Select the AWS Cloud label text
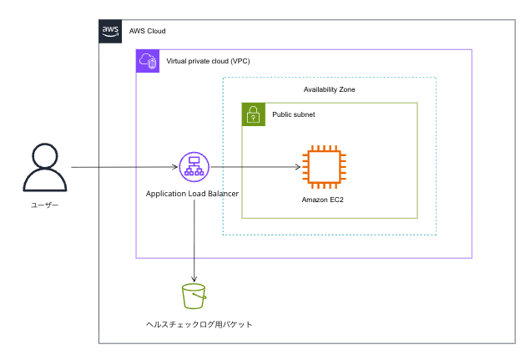pyautogui.click(x=148, y=31)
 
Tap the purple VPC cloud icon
pyautogui.click(x=148, y=61)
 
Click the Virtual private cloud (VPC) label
pyautogui.click(x=208, y=61)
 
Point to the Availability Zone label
pyautogui.click(x=330, y=89)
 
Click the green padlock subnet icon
pyautogui.click(x=254, y=114)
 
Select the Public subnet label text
pyautogui.click(x=294, y=114)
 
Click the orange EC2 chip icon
pyautogui.click(x=322, y=166)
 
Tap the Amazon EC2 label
pyautogui.click(x=322, y=200)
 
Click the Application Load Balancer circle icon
pyautogui.click(x=194, y=167)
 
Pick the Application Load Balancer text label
pyautogui.click(x=192, y=194)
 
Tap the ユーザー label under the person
pyautogui.click(x=44, y=204)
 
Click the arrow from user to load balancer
pyautogui.click(x=125, y=167)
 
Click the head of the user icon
pyautogui.click(x=44, y=155)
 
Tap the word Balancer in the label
pyautogui.click(x=220, y=194)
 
